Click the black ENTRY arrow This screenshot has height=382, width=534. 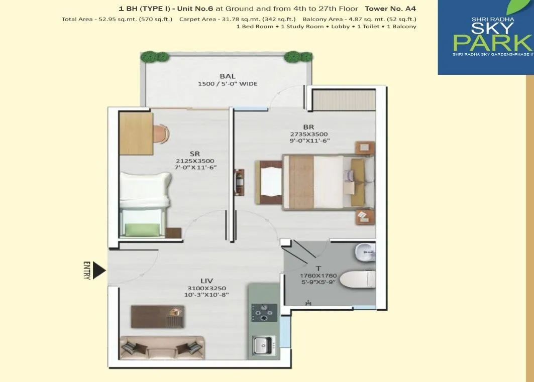100,271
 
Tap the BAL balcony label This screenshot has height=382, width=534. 228,76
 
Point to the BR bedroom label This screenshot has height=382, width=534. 309,127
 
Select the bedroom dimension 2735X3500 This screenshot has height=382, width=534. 309,134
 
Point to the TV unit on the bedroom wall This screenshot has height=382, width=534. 238,182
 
